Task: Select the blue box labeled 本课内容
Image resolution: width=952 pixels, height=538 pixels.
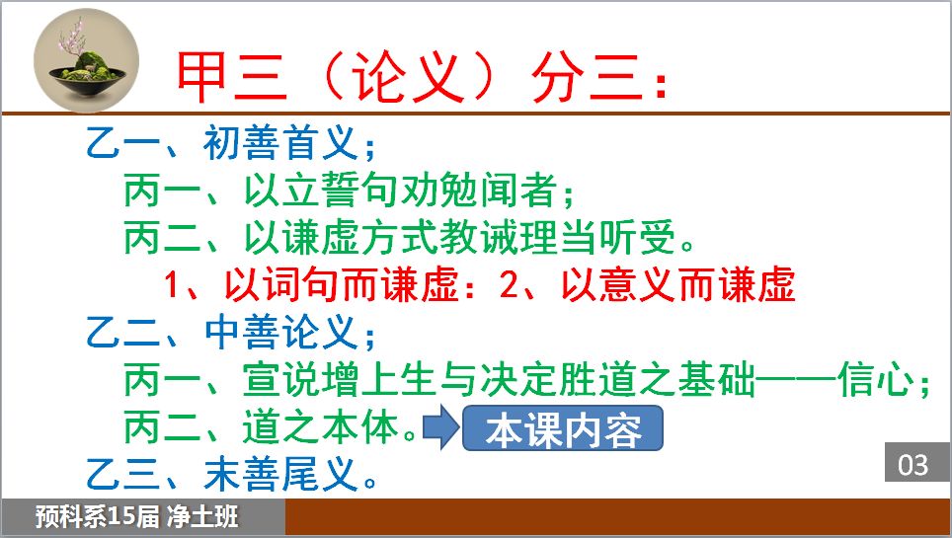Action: pos(562,428)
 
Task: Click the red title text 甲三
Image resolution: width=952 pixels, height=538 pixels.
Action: pos(231,77)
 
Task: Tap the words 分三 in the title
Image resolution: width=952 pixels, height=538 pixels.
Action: pos(587,77)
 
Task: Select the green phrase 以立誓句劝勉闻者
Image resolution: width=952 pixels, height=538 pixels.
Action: pos(401,191)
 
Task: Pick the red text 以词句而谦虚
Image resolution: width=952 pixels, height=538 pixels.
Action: pos(342,284)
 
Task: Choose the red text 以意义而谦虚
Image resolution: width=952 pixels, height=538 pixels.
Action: pos(678,284)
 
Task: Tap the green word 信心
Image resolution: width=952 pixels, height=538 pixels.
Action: pos(876,380)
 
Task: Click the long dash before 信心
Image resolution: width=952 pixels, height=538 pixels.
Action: pos(797,380)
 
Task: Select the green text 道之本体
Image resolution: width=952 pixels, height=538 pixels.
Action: pos(322,426)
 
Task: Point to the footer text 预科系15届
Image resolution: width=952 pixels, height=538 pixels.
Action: pos(97,517)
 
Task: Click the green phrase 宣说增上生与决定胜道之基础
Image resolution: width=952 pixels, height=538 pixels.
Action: pos(500,380)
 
